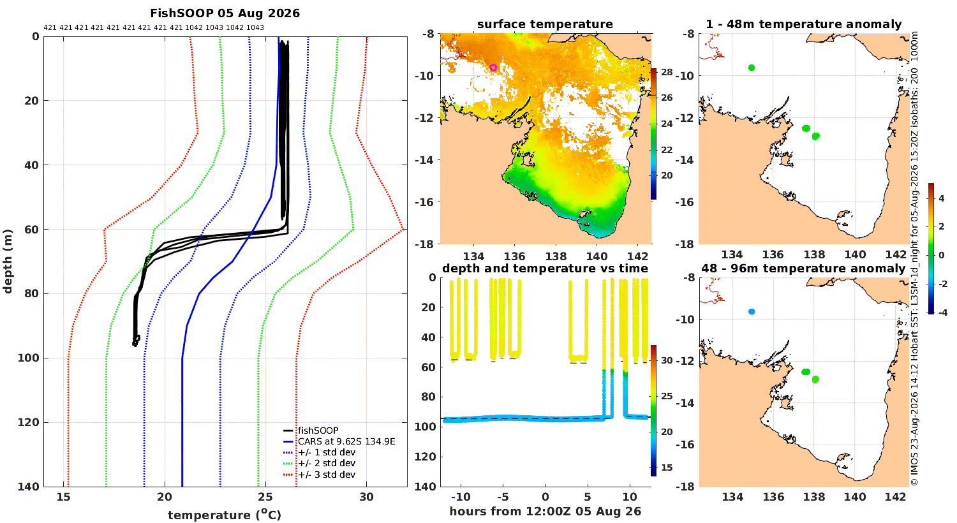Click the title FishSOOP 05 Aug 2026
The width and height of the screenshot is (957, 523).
[x=225, y=13]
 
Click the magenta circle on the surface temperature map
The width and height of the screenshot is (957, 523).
[x=493, y=68]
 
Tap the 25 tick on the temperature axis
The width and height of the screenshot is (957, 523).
[x=265, y=497]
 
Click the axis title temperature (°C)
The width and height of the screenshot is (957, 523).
[x=225, y=515]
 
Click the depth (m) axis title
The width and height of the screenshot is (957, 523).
[x=7, y=261]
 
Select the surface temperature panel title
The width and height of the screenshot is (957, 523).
[x=545, y=24]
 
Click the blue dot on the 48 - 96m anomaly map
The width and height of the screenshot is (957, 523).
[x=752, y=312]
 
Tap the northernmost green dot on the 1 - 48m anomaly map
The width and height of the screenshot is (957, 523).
[x=752, y=68]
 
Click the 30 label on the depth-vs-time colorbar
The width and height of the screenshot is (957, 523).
[x=667, y=360]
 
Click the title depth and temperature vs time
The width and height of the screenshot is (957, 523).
[x=545, y=268]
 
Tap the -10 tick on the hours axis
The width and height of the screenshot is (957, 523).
[x=461, y=497]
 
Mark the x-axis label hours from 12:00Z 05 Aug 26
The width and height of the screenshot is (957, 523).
[x=545, y=511]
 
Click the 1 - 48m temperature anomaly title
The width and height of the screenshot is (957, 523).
[x=804, y=24]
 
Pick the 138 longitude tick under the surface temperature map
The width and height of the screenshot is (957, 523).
[x=556, y=256]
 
